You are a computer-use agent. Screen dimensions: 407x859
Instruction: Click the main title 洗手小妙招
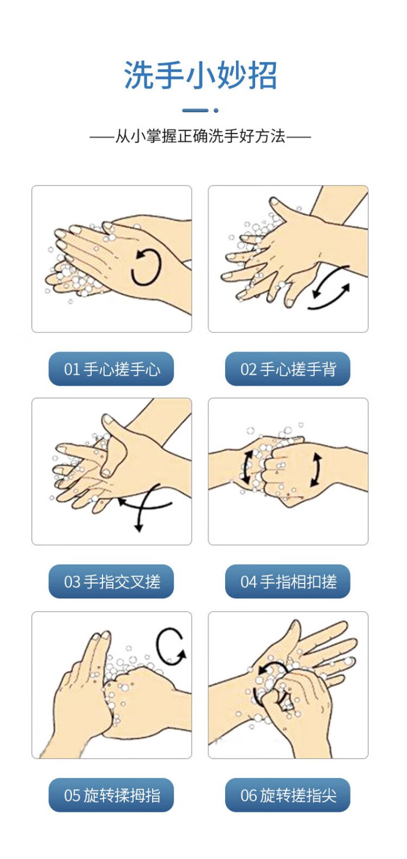(200, 75)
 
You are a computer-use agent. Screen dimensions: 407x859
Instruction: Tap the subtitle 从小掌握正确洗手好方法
(200, 136)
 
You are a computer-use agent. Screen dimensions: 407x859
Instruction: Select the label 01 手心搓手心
(111, 369)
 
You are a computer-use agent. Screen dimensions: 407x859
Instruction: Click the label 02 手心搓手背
(288, 369)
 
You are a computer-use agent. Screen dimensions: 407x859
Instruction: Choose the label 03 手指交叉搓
(111, 581)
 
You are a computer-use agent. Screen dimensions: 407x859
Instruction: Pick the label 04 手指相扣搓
(288, 581)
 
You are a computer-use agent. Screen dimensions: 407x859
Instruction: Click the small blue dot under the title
(216, 111)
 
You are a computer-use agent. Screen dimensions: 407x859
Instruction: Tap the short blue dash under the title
(195, 111)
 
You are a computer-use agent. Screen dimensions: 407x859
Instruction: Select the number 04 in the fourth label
(248, 582)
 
